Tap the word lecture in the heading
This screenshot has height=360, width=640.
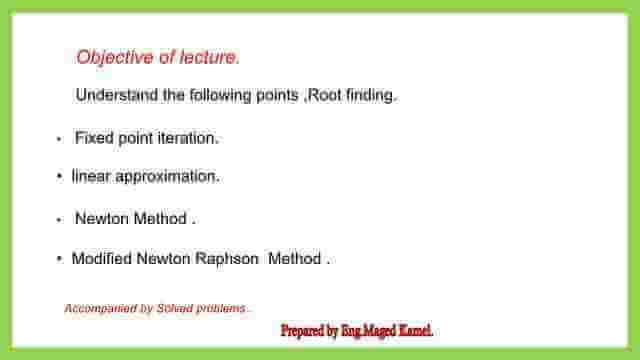click(209, 58)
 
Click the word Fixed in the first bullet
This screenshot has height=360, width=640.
click(93, 138)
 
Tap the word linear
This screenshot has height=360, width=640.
click(91, 176)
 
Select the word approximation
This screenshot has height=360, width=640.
click(167, 176)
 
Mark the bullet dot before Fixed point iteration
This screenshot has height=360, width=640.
click(60, 139)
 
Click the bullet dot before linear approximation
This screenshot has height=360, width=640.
click(60, 177)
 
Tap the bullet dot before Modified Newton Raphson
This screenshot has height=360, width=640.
click(60, 259)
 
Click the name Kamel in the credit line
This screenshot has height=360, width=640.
click(412, 331)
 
